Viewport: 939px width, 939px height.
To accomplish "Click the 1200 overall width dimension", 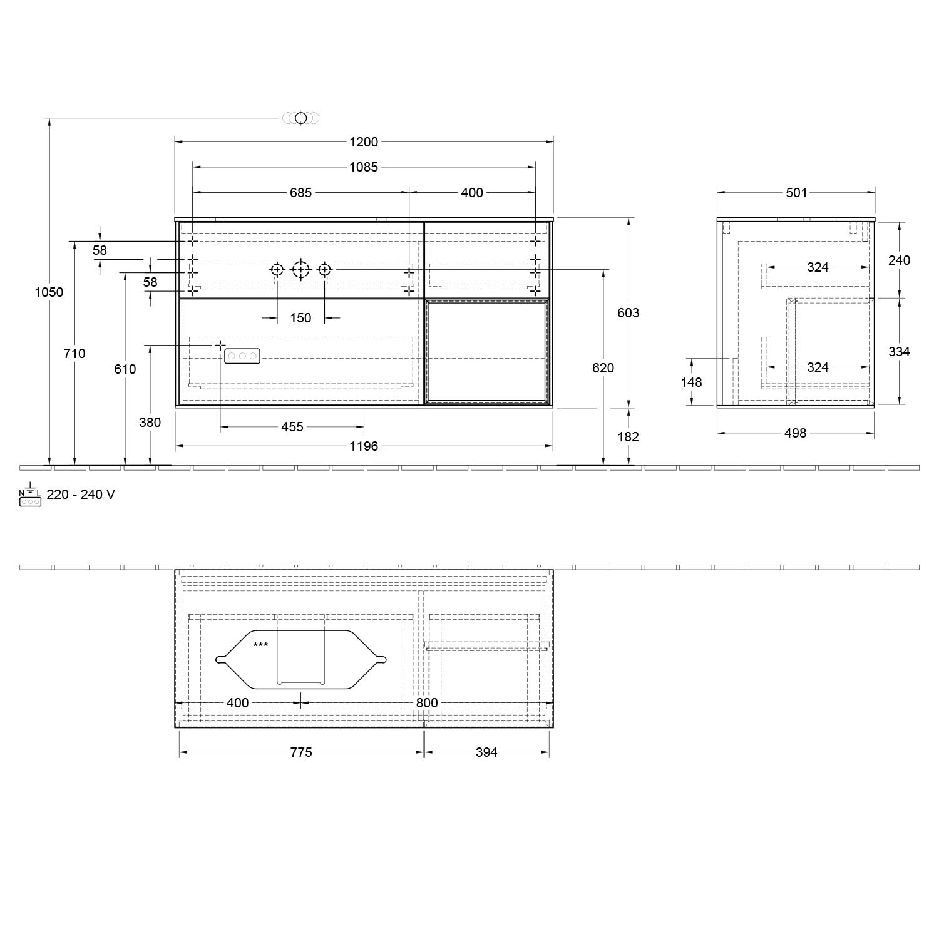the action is [x=364, y=142].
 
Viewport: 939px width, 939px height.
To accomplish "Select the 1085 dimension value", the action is [x=364, y=167].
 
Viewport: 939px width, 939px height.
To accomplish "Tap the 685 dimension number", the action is [x=300, y=193].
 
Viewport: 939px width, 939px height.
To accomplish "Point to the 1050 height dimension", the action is [x=49, y=292].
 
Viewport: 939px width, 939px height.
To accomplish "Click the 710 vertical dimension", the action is [x=74, y=354].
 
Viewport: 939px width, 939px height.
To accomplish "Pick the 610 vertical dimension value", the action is [x=125, y=369].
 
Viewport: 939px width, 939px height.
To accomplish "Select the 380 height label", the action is [x=150, y=423].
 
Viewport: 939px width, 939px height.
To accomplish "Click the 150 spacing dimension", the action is [x=300, y=318].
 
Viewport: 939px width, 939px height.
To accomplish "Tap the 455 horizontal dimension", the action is [x=292, y=427].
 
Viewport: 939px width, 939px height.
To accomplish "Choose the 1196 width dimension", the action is [x=364, y=446].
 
